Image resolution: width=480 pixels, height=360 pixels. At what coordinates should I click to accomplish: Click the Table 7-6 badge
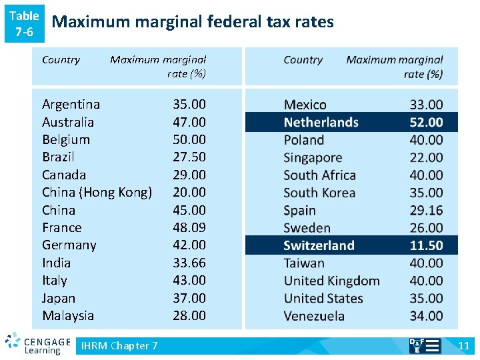(24, 23)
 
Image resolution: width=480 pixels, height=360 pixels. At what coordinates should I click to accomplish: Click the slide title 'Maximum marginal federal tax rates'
(193, 22)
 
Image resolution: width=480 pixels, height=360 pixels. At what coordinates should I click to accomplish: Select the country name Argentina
(71, 104)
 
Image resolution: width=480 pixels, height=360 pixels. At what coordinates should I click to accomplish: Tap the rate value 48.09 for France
(189, 227)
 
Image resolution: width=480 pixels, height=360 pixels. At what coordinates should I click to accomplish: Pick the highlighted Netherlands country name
(321, 122)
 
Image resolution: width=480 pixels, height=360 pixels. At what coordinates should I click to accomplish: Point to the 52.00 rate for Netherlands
(426, 122)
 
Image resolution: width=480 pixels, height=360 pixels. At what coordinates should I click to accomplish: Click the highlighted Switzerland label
(319, 245)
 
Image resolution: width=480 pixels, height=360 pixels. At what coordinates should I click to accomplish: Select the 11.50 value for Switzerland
(426, 245)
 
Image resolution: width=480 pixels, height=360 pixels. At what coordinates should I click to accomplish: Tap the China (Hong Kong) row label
(97, 192)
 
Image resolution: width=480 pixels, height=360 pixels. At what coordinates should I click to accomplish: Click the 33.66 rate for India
(189, 263)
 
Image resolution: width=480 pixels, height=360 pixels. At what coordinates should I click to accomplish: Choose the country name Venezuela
(314, 316)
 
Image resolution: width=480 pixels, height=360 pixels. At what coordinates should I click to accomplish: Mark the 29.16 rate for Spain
(426, 210)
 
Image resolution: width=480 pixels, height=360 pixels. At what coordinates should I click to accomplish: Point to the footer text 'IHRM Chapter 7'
(119, 345)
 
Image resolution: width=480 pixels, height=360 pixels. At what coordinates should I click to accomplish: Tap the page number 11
(464, 345)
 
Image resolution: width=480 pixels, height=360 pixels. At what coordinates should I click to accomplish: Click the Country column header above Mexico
(303, 60)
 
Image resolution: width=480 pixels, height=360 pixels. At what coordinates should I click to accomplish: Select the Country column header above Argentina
(61, 60)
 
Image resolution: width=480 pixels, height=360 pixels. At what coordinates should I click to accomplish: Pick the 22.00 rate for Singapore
(426, 157)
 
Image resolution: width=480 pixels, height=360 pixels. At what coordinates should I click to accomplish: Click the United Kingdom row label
(331, 281)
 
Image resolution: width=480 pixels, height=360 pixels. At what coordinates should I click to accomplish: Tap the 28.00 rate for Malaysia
(189, 315)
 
